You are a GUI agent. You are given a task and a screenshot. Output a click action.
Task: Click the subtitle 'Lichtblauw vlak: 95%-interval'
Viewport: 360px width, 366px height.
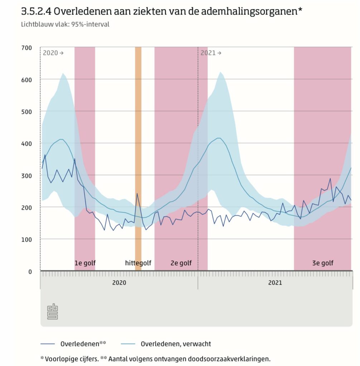coord(65,25)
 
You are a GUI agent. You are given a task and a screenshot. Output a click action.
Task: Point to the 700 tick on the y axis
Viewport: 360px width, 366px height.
coord(27,48)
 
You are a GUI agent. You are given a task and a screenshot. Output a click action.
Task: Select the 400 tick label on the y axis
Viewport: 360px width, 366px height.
coord(27,143)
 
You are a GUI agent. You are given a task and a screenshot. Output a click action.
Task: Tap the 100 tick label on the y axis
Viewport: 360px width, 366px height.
coord(27,239)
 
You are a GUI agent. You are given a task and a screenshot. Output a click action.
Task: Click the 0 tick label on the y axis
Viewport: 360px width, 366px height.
coord(30,271)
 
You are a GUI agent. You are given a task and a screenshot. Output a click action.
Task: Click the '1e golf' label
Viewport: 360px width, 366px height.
coord(85,263)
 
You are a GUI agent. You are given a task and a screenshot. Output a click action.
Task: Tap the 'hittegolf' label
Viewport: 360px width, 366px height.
coord(138,263)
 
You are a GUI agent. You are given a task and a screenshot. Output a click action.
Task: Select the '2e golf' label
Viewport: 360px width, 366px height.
coord(181,263)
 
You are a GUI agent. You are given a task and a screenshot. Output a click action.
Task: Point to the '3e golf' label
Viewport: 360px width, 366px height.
coord(322,263)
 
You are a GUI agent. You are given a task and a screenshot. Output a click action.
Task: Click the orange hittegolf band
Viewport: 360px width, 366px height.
coord(138,143)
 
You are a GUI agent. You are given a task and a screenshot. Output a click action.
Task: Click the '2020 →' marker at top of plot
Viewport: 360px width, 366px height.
coord(53,53)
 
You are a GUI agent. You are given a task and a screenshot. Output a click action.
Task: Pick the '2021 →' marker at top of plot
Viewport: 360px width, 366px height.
coord(210,53)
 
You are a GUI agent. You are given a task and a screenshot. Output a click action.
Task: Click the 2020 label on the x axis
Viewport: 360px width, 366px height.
coord(119,283)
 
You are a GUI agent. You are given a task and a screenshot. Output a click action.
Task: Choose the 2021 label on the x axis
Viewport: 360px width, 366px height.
coord(275,283)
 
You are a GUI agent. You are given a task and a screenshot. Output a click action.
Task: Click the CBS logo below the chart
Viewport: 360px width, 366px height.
coord(53,311)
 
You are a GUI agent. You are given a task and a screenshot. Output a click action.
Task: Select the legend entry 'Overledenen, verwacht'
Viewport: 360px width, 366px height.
coord(176,344)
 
